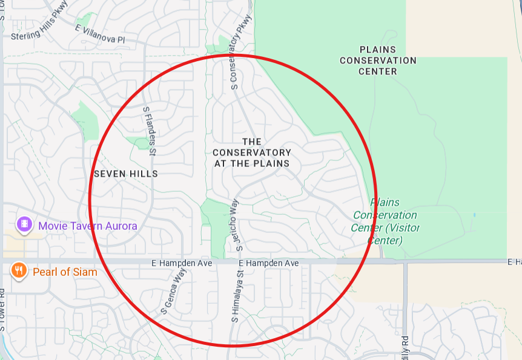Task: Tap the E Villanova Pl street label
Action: point(100,34)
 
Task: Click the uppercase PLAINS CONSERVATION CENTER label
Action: point(378,61)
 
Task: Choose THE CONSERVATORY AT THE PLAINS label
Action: point(252,152)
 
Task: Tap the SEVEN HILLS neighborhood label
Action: point(126,174)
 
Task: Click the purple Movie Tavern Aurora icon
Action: point(24,225)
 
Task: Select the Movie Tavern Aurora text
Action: point(88,226)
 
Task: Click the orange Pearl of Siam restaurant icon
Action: point(19,271)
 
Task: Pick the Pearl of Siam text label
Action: point(65,272)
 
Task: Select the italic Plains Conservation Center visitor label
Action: point(385,220)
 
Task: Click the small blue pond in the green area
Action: point(474,215)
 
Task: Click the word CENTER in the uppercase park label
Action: point(378,71)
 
